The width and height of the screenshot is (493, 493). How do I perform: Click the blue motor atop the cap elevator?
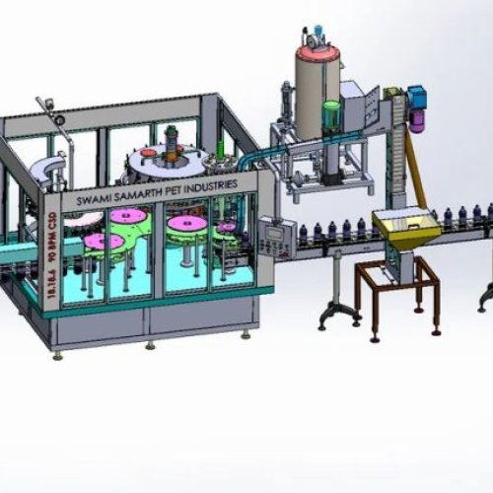click(415, 96)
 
